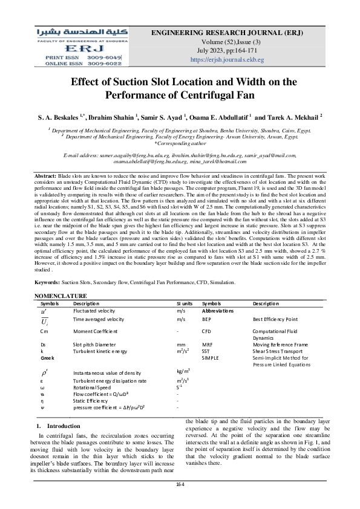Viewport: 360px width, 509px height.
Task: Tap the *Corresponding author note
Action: (180, 143)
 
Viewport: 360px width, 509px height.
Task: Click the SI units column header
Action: (184, 303)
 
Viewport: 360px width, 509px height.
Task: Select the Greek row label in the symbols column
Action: (47, 358)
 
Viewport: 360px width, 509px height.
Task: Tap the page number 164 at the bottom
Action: (180, 485)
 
